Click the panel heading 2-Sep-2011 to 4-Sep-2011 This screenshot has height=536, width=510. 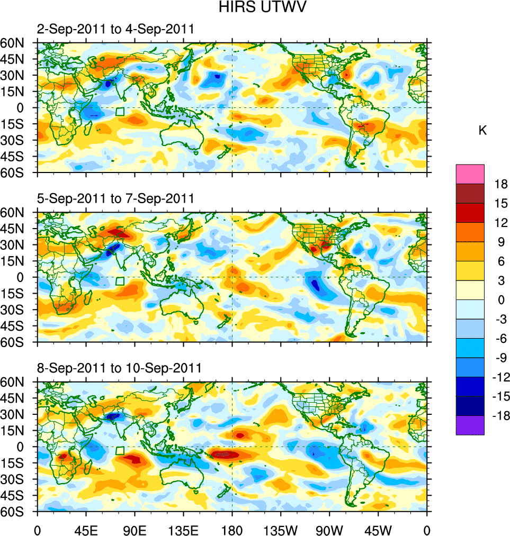coord(115,30)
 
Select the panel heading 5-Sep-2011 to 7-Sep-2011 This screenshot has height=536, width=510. coord(115,199)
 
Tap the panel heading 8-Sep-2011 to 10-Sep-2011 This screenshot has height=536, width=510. coord(119,368)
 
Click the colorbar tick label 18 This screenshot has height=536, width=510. coord(501,184)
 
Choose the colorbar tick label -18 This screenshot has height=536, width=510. coord(499,416)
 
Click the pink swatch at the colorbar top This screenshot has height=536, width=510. coord(470,174)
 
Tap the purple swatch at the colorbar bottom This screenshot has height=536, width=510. coord(470,425)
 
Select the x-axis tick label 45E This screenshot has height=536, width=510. coord(86,529)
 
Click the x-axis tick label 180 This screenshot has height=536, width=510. coord(232,529)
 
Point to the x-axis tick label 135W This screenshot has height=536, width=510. coord(281,529)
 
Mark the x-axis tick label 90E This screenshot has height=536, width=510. coord(135,529)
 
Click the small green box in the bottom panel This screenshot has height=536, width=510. coord(120,450)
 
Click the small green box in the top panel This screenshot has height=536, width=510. coord(120,112)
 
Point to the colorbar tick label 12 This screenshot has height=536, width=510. coord(501,223)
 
